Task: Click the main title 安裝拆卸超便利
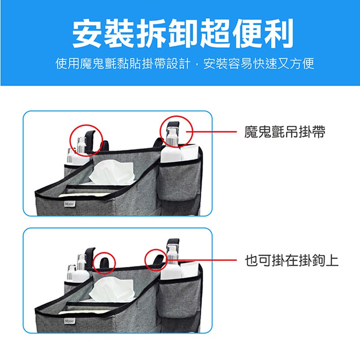tap(183, 33)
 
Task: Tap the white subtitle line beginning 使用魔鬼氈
tap(184, 63)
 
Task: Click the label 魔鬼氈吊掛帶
tap(285, 132)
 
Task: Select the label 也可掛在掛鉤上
tap(292, 261)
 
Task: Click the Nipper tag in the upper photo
tap(70, 204)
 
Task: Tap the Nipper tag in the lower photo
tap(70, 321)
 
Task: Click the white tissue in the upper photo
tap(112, 173)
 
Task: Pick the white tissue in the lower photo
tap(112, 289)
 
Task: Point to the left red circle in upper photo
tap(70, 140)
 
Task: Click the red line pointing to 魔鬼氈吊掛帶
tap(211, 132)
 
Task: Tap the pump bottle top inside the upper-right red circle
tap(172, 133)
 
